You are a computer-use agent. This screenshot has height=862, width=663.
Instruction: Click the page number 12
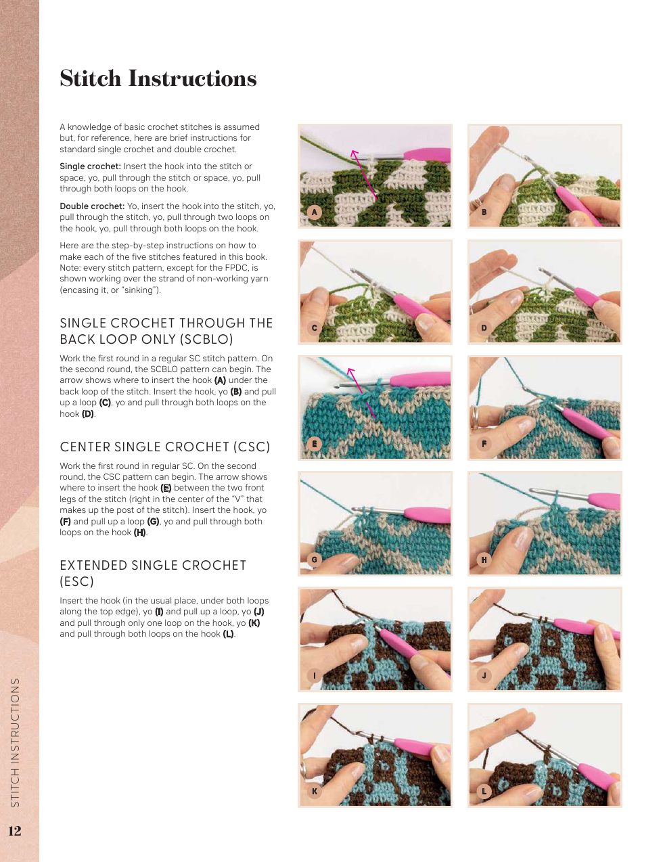[x=15, y=830]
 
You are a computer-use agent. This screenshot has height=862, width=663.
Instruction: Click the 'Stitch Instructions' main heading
[x=158, y=78]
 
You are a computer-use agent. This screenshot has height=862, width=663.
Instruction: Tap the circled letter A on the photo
[x=315, y=212]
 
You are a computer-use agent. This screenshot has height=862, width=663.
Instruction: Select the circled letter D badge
[x=484, y=328]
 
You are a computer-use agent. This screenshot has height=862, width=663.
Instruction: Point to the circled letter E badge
[x=315, y=444]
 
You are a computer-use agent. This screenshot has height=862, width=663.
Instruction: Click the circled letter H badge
[x=484, y=560]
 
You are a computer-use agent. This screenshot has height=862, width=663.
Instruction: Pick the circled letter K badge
[x=315, y=792]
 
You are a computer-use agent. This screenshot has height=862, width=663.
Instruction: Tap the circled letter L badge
[x=484, y=792]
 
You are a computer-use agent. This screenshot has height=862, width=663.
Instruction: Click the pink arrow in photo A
[x=363, y=175]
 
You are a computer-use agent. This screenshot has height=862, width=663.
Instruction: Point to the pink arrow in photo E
[x=361, y=393]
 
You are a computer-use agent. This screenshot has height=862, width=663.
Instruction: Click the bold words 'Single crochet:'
[x=91, y=166]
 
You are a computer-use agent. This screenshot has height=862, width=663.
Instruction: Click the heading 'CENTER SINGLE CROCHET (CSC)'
[x=165, y=447]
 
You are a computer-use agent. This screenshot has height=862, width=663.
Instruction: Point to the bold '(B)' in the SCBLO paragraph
[x=236, y=392]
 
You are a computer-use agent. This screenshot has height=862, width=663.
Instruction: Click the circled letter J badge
[x=484, y=675]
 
